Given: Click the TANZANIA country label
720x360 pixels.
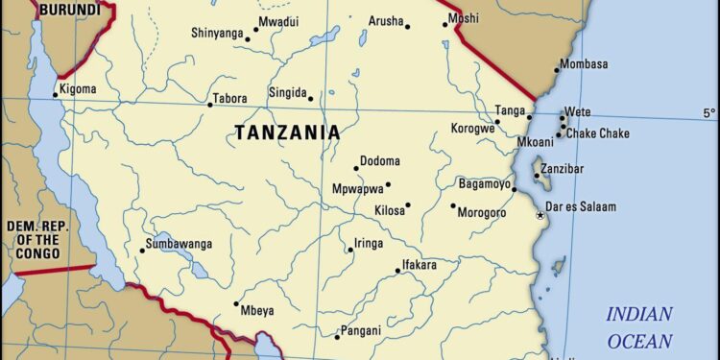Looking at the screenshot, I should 287,133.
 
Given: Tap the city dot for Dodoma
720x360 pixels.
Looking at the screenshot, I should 356,168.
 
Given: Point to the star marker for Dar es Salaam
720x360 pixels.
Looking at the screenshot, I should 540,215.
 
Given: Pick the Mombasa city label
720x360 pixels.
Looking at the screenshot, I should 585,64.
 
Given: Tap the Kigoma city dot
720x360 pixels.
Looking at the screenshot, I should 55,94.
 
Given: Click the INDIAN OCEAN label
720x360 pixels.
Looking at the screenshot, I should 638,326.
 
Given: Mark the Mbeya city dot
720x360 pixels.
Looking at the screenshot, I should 236,304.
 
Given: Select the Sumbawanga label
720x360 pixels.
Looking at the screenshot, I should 180,244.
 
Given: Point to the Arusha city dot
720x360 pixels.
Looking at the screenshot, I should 407,27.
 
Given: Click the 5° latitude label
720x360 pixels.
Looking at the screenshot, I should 708,113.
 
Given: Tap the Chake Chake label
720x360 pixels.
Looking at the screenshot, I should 597,133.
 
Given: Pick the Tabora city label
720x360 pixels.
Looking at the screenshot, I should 231,98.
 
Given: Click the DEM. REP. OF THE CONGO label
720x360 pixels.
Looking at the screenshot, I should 34,239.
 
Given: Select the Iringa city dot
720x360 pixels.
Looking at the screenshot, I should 350,251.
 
